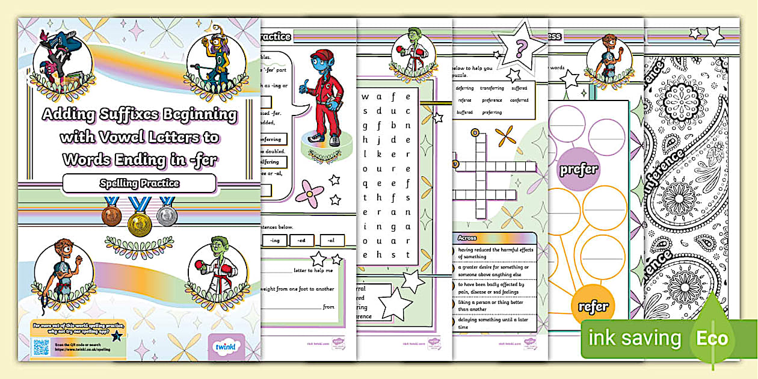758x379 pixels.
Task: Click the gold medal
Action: coord(139,224)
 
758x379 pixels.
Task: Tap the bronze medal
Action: coord(112,216)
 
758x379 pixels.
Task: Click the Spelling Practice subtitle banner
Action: coord(139,183)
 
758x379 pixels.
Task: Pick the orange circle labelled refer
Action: coord(593,306)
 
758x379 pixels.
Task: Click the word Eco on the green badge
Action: coord(712,339)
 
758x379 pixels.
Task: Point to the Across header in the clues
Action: coord(467,238)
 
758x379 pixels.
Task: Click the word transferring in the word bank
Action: coord(492,88)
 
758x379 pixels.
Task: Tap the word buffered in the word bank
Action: coord(464,112)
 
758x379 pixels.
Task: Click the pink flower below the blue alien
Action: coord(307,192)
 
